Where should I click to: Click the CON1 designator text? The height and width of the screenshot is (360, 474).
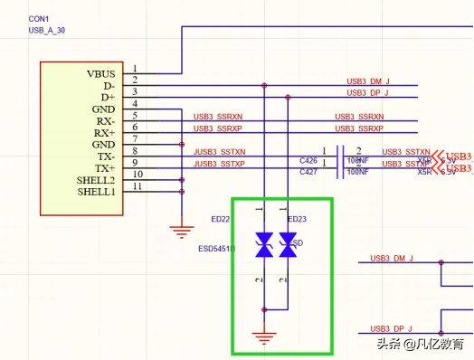[38, 18]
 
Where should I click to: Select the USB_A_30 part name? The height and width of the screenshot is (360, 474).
[46, 30]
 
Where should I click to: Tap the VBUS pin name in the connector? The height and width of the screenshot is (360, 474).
[100, 72]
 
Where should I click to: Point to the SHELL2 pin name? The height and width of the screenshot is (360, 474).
[96, 180]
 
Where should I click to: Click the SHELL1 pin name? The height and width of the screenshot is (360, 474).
[96, 192]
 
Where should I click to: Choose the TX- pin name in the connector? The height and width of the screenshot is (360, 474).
[105, 156]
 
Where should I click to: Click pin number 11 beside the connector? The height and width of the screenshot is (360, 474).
[137, 186]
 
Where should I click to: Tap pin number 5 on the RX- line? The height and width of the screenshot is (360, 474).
[135, 115]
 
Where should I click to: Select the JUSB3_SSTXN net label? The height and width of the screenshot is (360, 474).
[219, 152]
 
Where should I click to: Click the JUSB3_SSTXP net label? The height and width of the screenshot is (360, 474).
[219, 164]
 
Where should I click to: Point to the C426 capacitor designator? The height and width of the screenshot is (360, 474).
[308, 160]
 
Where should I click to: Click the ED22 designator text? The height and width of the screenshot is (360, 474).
[220, 219]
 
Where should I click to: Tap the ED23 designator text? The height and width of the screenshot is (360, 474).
[297, 219]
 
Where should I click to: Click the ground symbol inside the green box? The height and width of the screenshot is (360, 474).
[264, 338]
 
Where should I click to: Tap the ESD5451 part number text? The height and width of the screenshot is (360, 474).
[216, 248]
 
